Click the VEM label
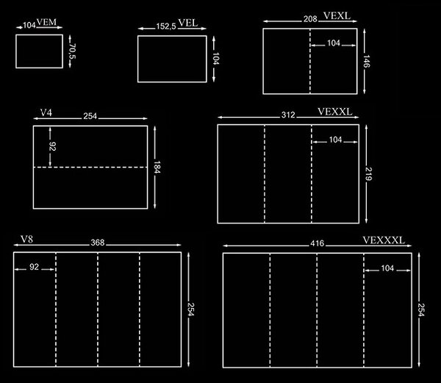click(46, 22)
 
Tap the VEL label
click(188, 23)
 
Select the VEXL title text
click(337, 15)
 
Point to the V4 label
click(46, 112)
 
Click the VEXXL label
click(335, 112)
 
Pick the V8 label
click(26, 239)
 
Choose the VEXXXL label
click(384, 240)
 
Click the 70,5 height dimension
click(73, 51)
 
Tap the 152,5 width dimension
click(166, 26)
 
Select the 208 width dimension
click(310, 19)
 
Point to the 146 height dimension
click(366, 61)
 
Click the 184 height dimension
click(157, 167)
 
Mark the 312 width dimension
click(288, 115)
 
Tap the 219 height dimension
click(368, 173)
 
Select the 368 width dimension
click(98, 243)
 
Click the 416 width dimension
click(318, 243)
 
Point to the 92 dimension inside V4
click(53, 146)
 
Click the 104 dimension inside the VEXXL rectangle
click(336, 140)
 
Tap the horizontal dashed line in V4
click(90, 168)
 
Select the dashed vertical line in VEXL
click(310, 61)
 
